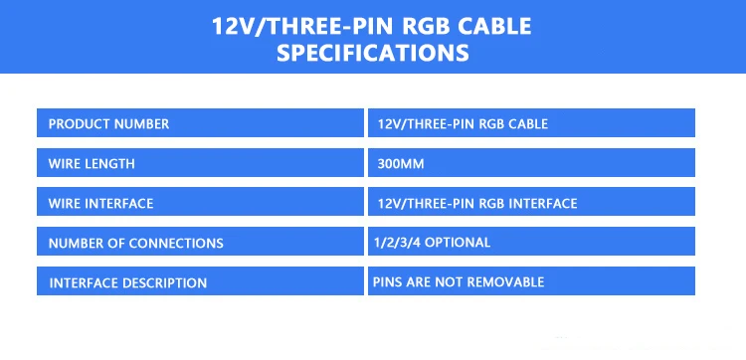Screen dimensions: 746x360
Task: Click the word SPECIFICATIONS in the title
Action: (x=373, y=53)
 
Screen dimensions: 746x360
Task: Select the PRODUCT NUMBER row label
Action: (x=108, y=124)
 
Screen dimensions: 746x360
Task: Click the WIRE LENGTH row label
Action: (x=92, y=164)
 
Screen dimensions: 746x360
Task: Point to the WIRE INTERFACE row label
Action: (x=100, y=204)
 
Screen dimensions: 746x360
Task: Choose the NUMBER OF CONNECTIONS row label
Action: (x=135, y=244)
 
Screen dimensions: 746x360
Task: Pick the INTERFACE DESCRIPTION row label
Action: (x=128, y=283)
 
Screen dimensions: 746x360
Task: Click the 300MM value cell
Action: (x=401, y=164)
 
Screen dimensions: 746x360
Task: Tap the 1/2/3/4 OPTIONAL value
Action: (x=432, y=243)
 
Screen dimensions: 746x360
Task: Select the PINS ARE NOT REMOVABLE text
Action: (x=459, y=282)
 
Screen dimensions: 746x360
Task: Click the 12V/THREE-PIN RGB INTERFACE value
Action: (x=477, y=204)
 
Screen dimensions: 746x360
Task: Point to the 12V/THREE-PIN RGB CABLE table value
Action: (x=463, y=124)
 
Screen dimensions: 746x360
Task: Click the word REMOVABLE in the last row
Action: (x=505, y=282)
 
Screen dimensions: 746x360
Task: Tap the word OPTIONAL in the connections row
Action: (x=458, y=243)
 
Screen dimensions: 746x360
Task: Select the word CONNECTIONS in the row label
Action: (x=176, y=244)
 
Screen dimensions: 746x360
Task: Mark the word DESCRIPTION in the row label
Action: (x=164, y=283)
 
